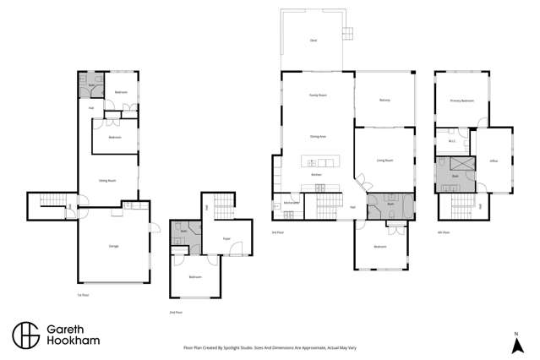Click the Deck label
(314, 41)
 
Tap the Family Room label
(318, 95)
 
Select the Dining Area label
(318, 136)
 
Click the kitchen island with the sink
(319, 162)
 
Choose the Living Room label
(385, 160)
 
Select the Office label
(494, 160)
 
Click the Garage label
(113, 246)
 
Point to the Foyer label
(226, 239)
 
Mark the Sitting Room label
(107, 180)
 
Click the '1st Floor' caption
(83, 295)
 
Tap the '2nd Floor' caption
(176, 312)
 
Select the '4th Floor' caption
(443, 232)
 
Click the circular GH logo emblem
(25, 335)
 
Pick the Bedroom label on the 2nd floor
(195, 277)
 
